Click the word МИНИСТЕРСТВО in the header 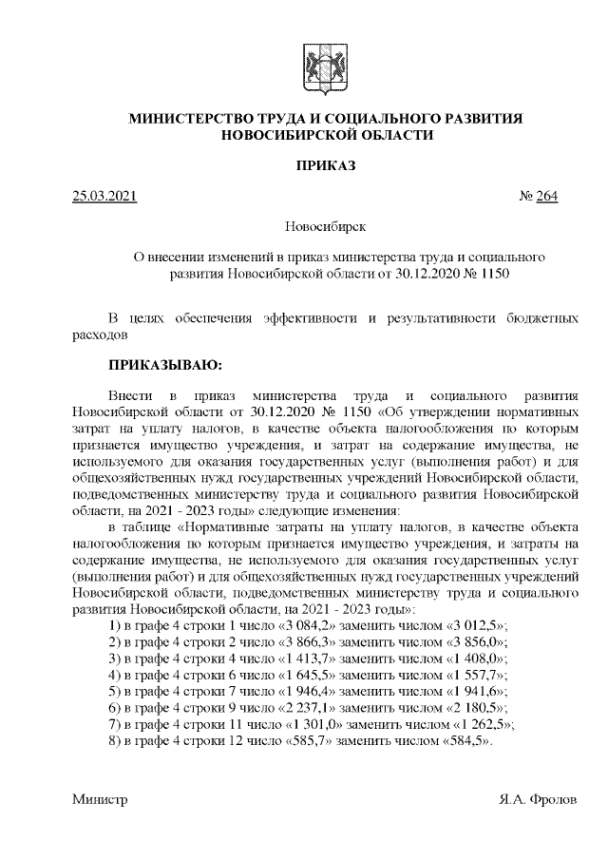point(190,118)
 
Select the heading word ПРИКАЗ point(326,166)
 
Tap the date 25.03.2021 point(104,198)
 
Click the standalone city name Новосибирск point(326,227)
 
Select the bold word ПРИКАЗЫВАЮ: point(165,364)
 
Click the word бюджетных point(539,318)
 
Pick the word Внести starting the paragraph point(129,392)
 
